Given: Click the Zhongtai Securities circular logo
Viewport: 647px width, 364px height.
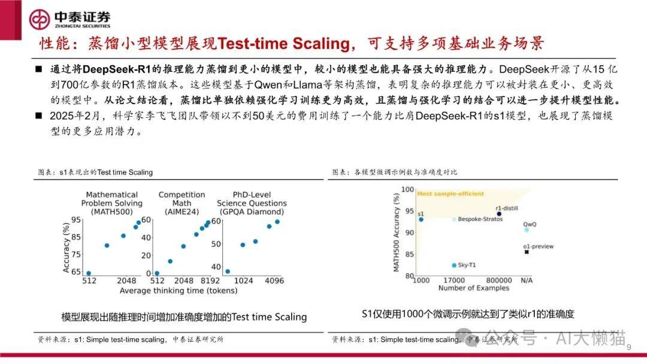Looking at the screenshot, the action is click(39, 19).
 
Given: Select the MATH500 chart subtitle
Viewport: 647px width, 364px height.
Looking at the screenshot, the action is click(112, 203).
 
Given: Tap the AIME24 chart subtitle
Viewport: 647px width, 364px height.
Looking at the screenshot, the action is click(182, 203).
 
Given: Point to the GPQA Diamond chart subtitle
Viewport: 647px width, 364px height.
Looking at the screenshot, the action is click(252, 203).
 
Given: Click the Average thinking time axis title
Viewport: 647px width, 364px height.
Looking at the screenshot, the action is click(179, 290).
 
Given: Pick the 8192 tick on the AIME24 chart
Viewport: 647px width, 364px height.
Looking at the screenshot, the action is click(210, 281).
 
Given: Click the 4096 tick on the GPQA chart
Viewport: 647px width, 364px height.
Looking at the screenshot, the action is click(274, 281).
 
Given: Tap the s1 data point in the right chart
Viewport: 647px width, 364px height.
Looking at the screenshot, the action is click(421, 220).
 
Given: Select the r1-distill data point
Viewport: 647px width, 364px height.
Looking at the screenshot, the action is click(499, 214).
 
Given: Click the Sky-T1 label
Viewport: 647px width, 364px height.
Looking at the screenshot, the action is click(467, 265).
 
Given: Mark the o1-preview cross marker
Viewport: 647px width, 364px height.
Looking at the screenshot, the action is click(527, 252).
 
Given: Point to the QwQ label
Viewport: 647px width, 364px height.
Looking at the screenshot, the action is click(530, 225).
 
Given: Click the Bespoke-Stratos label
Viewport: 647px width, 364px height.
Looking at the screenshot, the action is click(480, 219).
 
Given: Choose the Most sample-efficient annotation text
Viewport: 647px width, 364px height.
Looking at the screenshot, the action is click(451, 194).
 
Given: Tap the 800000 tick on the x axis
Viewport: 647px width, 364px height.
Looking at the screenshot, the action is click(498, 280).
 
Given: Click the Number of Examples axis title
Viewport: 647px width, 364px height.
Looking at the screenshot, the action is click(474, 288).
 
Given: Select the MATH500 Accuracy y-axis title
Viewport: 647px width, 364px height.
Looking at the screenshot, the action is click(397, 232).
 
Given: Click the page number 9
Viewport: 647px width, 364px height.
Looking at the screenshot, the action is click(629, 347).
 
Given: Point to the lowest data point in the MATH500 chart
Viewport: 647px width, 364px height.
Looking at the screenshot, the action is click(89, 274).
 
